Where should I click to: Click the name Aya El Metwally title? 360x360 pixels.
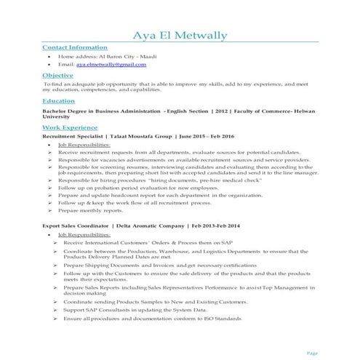[x=180, y=36]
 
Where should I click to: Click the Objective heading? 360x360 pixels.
[x=57, y=75]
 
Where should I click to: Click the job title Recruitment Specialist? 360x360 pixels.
[x=73, y=135]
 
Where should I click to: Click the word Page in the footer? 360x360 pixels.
[x=312, y=352]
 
